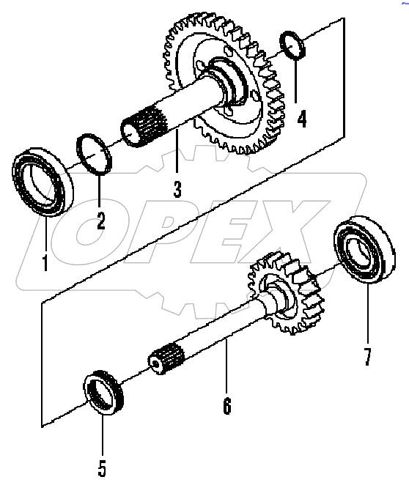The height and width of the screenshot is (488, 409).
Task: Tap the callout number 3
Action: (177, 188)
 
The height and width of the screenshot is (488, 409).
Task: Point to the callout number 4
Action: (301, 118)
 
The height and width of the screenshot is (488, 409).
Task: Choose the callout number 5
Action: (102, 467)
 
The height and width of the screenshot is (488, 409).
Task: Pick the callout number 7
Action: (367, 356)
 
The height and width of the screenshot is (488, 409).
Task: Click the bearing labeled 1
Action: (40, 182)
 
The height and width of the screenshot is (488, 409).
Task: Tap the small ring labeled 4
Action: (293, 46)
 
